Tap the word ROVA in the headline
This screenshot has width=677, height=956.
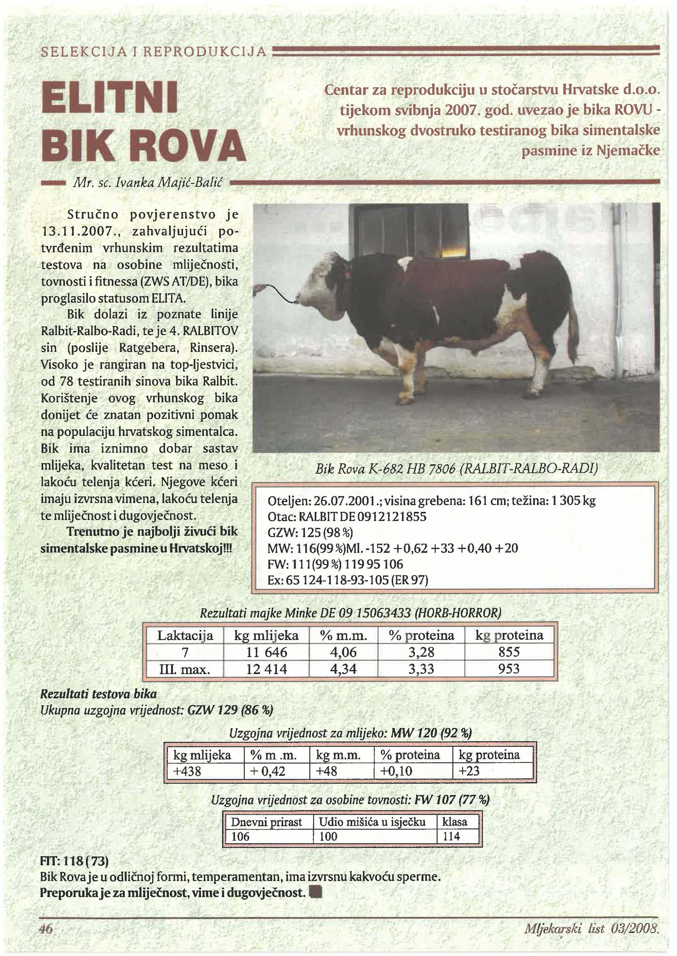[x=192, y=146]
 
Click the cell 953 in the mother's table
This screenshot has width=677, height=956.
[x=509, y=668]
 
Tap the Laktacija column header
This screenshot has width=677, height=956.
[x=185, y=636]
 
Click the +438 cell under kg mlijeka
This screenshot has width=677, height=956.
[x=187, y=771]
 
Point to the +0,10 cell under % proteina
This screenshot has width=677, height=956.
[x=396, y=771]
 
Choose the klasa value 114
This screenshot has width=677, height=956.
[x=451, y=836]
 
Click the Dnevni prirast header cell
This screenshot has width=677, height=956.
[x=267, y=822]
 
